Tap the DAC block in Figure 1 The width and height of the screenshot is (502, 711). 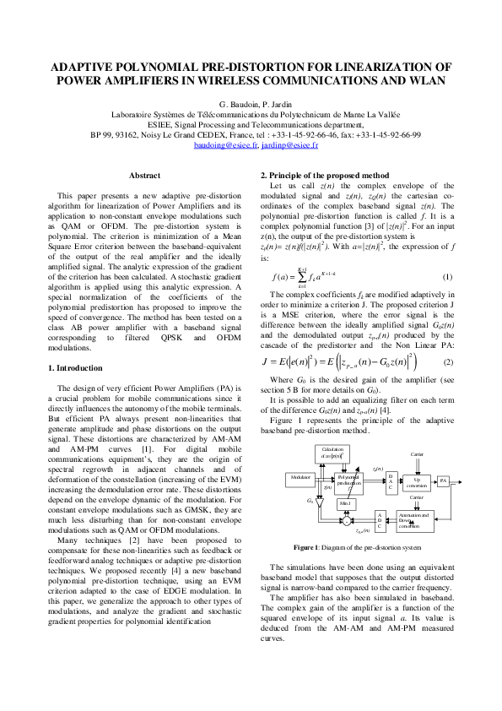tap(391, 482)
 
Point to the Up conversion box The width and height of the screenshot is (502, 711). tap(416, 481)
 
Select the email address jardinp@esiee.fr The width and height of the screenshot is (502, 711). tap(289, 145)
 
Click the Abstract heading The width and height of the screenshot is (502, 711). tap(143, 175)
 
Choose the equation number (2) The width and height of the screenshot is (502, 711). tap(448, 361)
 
